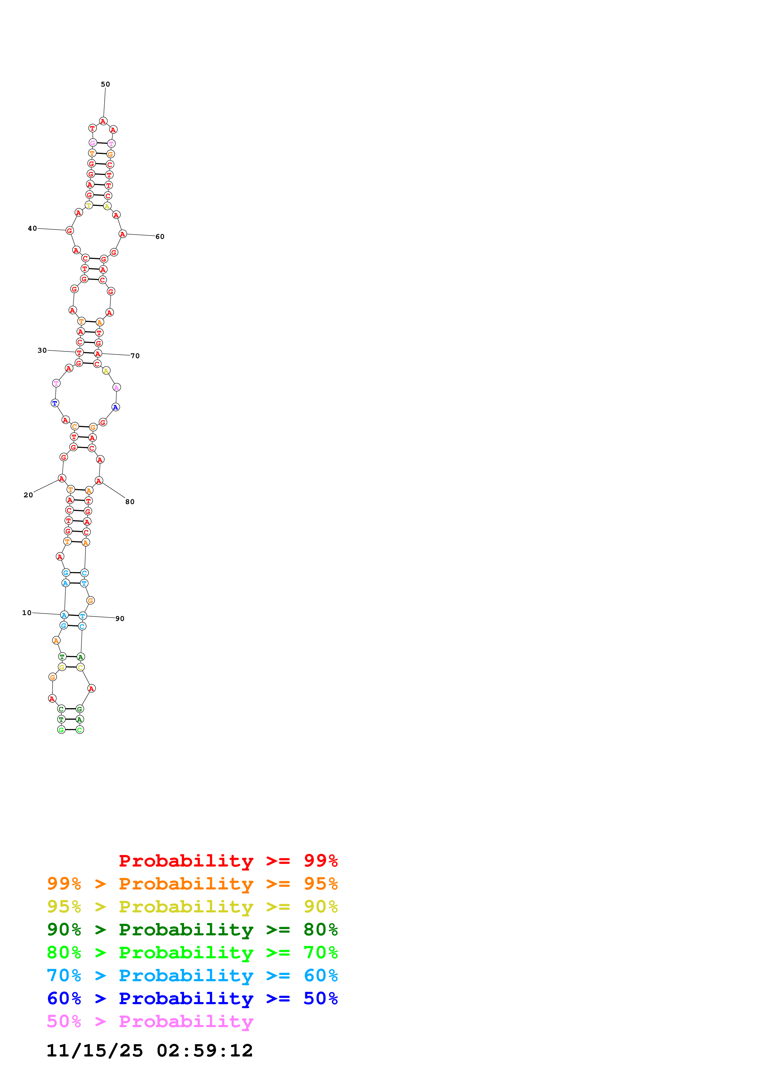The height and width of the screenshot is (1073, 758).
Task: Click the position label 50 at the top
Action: point(105,84)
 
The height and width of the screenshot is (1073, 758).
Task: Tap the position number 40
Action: point(32,228)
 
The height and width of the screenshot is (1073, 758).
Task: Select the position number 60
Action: point(160,236)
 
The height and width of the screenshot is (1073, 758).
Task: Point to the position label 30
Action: point(42,350)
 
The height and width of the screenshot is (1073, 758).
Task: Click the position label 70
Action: point(135,356)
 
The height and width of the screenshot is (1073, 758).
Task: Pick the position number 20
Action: point(28,495)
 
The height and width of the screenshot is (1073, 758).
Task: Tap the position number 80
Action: point(130,501)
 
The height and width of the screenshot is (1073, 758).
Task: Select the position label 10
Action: point(27,613)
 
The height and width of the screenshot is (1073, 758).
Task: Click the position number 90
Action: point(120,618)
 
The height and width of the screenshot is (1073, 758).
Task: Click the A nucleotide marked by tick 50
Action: point(103,121)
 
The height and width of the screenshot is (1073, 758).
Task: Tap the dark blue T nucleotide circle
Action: point(55,403)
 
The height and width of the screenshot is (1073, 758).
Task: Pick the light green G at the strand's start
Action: point(61,730)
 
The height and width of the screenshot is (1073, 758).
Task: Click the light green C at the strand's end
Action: point(80,730)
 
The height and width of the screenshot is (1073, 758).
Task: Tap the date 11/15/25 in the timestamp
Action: point(95,1050)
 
